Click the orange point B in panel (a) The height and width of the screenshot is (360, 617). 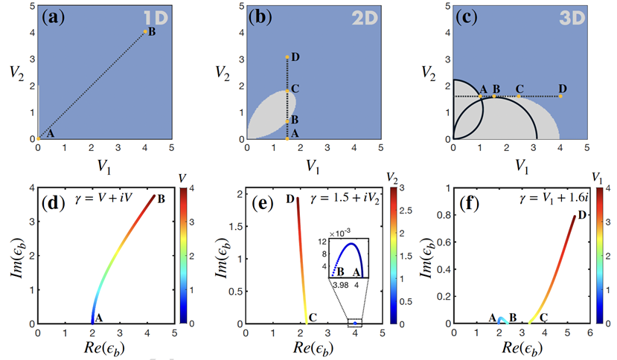click(145, 31)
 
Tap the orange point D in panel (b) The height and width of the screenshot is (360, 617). click(287, 57)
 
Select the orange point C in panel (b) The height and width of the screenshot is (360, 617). click(287, 91)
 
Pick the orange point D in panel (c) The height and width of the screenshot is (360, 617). click(560, 96)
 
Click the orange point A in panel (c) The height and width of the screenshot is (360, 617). click(480, 96)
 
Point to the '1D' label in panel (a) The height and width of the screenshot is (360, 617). click(156, 18)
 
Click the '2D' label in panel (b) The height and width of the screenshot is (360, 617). click(365, 18)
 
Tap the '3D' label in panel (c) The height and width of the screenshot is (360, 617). click(572, 18)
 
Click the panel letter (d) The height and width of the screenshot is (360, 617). click(53, 203)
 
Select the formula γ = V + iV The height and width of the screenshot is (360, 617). click(103, 199)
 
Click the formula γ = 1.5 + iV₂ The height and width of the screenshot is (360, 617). click(345, 199)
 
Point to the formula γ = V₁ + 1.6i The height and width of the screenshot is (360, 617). click(553, 199)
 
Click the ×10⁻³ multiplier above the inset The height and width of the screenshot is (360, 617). click(340, 234)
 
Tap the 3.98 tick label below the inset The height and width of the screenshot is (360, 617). click(340, 284)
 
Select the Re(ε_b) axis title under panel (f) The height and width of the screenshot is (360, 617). click(522, 348)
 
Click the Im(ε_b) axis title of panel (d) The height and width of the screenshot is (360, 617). click(18, 256)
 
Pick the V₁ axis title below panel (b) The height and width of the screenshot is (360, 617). click(313, 167)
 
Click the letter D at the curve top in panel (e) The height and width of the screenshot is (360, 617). click(290, 199)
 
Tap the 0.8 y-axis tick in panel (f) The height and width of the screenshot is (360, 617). click(444, 215)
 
